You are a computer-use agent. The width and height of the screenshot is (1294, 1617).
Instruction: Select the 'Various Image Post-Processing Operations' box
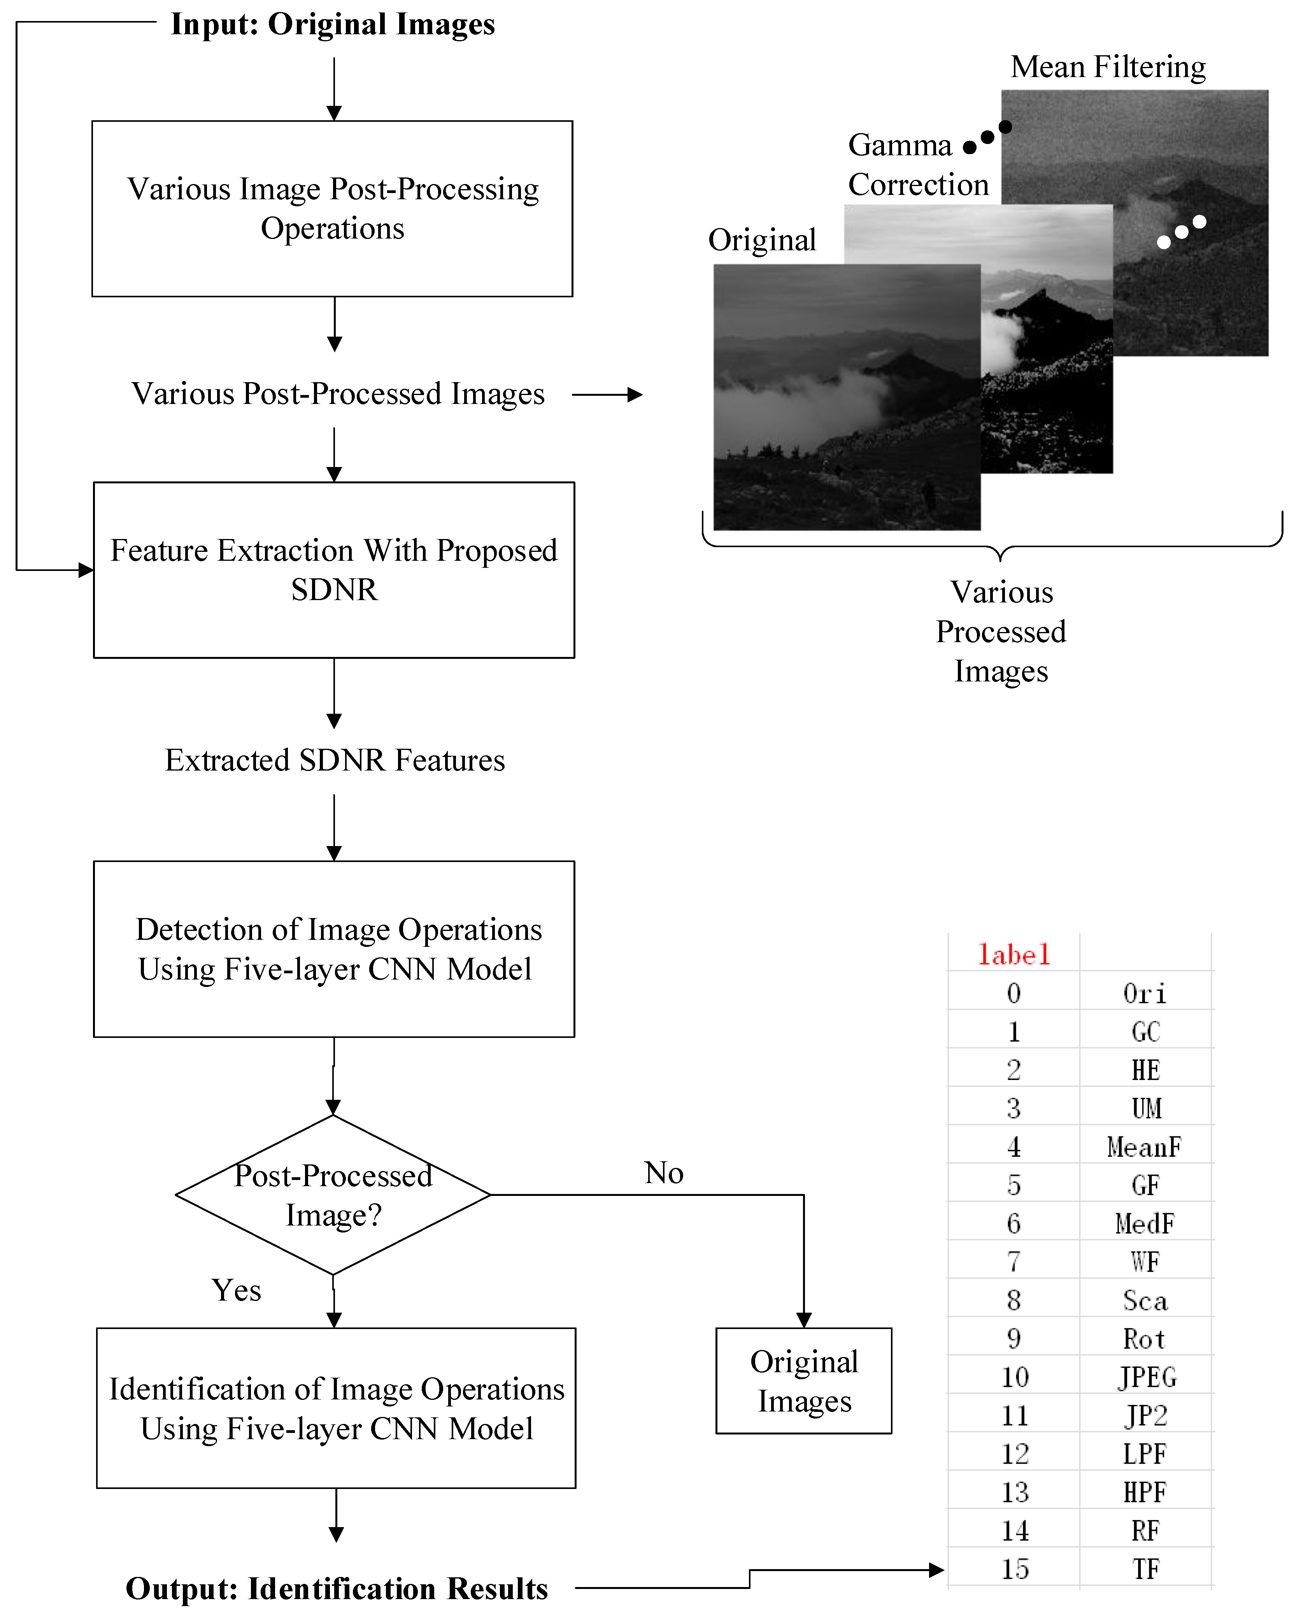[332, 209]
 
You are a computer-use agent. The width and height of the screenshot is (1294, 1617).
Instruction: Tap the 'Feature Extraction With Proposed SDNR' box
[334, 570]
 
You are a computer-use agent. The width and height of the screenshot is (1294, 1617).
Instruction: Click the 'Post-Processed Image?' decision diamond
[333, 1195]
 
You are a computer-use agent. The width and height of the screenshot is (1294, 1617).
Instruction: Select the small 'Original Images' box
[804, 1381]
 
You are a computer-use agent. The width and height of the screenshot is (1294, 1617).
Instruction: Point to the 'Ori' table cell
[1145, 994]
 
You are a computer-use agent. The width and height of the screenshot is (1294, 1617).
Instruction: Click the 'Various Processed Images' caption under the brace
[1001, 632]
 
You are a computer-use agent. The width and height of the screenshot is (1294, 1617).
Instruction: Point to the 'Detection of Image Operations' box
[334, 949]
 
